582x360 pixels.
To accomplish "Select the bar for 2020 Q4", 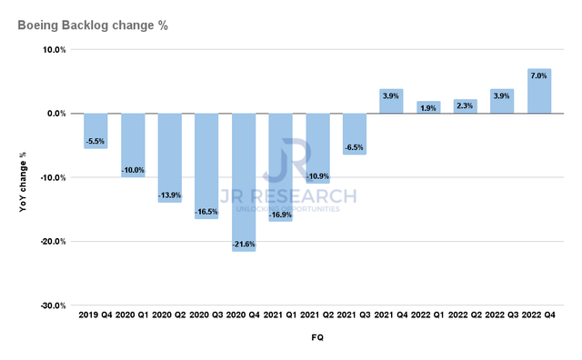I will click(x=244, y=182).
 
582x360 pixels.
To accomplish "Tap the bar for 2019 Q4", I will click(x=95, y=131).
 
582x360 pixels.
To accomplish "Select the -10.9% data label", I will click(x=317, y=175).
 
